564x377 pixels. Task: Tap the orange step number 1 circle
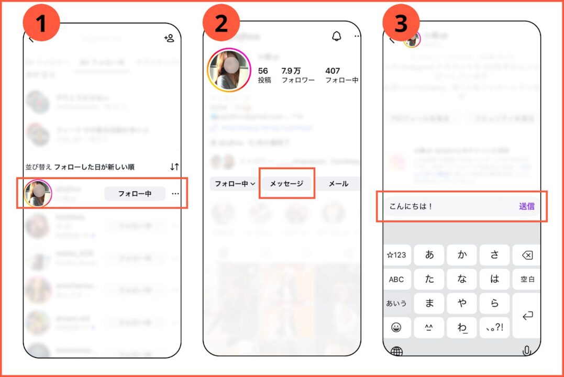click(42, 24)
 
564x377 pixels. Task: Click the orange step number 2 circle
click(221, 24)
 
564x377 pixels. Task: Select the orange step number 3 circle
click(401, 24)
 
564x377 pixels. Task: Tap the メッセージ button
click(286, 184)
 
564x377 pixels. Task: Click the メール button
click(338, 184)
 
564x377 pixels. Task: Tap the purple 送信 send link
click(526, 206)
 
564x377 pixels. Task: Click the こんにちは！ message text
click(411, 206)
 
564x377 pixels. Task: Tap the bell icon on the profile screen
click(336, 36)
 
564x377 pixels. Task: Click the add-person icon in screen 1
click(169, 38)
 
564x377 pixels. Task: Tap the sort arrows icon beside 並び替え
click(174, 167)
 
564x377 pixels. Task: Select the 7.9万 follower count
click(292, 71)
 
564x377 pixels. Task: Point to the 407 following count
click(333, 71)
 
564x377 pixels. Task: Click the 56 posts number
click(263, 71)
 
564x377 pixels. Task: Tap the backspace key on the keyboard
click(527, 256)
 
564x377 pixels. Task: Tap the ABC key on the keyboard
click(396, 280)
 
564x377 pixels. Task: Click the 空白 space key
click(527, 280)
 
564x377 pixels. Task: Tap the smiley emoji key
click(396, 328)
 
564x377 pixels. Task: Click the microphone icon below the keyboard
click(527, 351)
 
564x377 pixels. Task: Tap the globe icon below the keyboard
click(396, 351)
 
